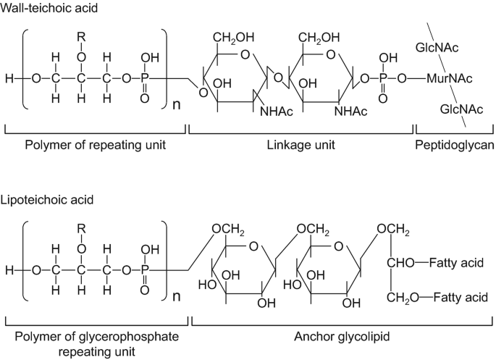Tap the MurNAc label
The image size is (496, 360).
click(445, 77)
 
